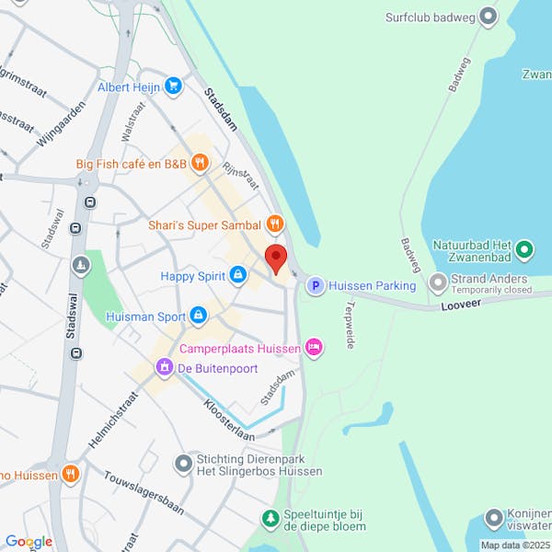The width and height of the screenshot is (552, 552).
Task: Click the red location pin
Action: coord(276,259)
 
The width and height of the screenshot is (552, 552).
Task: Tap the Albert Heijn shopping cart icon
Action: coord(173,86)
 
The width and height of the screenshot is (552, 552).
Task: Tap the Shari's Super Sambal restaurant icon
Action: coord(274,224)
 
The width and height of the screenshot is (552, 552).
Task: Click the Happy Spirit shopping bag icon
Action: coord(238,275)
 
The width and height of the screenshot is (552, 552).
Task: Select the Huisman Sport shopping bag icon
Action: coord(198,316)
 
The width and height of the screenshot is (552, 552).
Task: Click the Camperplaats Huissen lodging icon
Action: coord(314,347)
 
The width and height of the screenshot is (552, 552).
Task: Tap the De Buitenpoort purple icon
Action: coord(165,369)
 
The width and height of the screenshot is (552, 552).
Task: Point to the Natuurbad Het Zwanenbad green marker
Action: coord(524,248)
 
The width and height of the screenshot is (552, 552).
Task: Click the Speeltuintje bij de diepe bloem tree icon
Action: coord(270,520)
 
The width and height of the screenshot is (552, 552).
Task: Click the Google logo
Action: coord(29,542)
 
